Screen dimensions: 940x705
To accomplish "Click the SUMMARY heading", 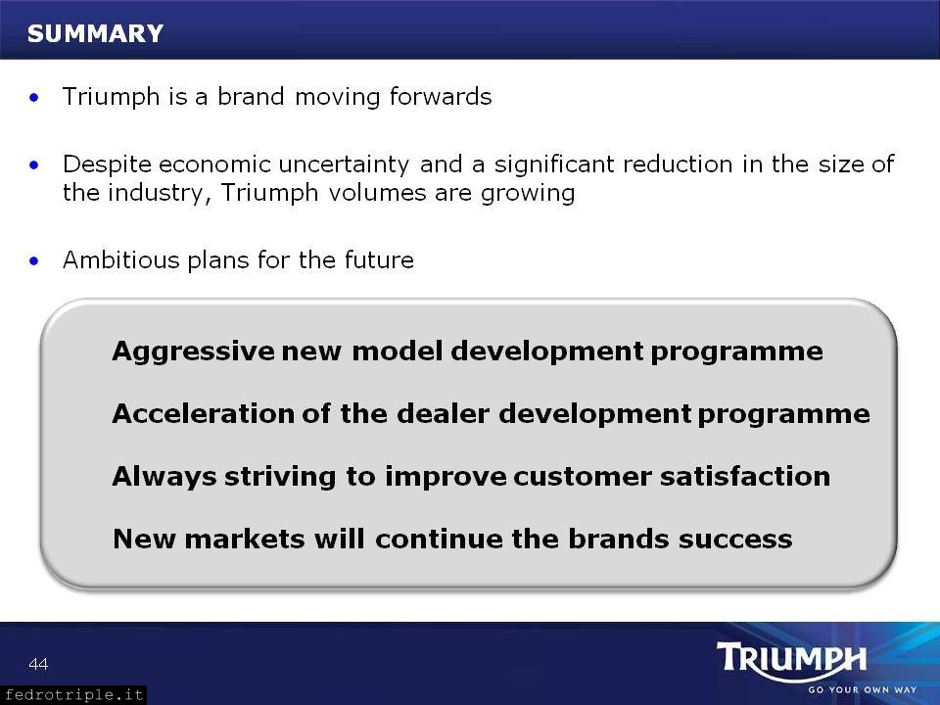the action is point(95,33).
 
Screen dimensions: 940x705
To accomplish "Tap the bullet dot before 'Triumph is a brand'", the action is point(34,97).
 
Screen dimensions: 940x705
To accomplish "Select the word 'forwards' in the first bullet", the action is point(441,97).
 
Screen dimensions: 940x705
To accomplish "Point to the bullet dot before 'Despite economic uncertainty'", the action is point(34,164).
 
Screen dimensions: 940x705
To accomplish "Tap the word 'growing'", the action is point(528,194).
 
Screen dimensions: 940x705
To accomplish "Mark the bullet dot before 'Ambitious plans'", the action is point(34,260).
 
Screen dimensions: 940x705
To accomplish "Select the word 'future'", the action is point(379,260).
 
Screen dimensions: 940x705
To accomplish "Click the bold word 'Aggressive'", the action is point(193,352).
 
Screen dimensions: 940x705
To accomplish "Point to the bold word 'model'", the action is point(398,351).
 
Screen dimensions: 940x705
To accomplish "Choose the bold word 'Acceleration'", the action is point(203,413).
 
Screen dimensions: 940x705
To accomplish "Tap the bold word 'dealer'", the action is point(443,413).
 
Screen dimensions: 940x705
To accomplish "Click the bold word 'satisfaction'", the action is point(745,476).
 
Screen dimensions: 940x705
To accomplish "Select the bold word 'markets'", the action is point(245,539).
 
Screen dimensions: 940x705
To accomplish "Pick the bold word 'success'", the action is point(735,539).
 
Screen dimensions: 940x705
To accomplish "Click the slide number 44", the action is point(38,664).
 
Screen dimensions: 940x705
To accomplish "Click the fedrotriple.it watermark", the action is point(73,695).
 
